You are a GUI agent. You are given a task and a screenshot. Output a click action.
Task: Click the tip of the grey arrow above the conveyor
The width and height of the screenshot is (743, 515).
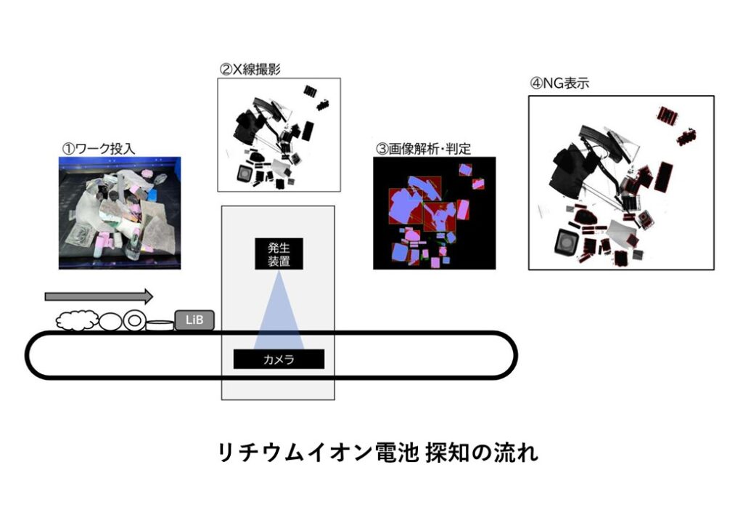153,296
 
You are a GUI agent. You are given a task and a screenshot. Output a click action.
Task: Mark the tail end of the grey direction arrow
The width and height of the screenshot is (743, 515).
46,296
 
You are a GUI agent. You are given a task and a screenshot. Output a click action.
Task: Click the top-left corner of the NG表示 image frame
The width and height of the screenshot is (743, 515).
529,97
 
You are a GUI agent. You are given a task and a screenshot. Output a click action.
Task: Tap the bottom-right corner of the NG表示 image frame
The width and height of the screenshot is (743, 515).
714,269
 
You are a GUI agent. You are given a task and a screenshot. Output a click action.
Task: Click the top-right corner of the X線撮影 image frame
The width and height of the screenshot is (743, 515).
340,78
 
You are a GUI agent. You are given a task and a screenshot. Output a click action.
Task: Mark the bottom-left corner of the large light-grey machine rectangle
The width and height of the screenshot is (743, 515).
222,400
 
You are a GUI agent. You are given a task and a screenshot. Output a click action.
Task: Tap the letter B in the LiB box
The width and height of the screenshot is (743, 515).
200,320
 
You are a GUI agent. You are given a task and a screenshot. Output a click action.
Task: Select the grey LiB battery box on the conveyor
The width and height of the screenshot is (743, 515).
194,320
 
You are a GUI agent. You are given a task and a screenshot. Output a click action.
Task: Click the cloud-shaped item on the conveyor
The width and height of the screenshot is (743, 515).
77,320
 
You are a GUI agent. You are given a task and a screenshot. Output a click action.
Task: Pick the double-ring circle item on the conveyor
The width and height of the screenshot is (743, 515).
134,320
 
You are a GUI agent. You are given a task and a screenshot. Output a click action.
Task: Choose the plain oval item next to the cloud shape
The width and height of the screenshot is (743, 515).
110,321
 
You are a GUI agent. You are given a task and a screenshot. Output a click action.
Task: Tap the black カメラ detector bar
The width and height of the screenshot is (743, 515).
279,359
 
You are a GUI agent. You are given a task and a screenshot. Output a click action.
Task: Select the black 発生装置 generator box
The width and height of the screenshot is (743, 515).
279,254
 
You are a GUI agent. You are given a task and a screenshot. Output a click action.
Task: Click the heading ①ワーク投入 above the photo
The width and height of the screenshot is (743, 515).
99,149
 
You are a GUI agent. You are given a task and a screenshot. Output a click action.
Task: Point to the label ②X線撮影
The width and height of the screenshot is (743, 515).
250,70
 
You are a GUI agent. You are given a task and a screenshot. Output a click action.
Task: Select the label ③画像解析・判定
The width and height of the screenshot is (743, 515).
423,149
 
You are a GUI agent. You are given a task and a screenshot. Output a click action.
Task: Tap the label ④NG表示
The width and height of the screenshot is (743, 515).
559,84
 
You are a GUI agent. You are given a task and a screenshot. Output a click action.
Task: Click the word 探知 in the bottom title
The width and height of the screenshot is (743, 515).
446,453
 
